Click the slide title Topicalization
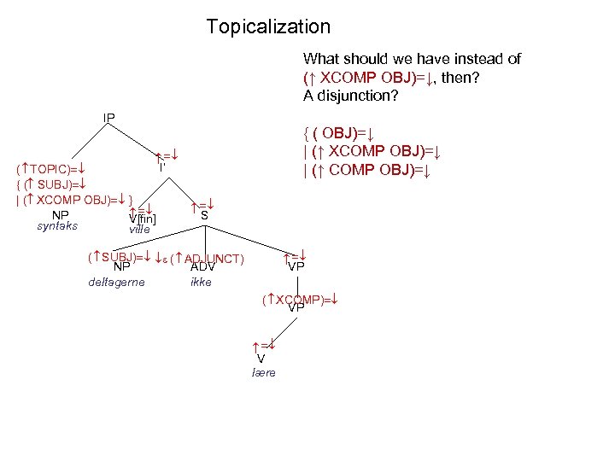[x=267, y=27]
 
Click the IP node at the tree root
[x=109, y=117]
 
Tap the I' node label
[x=161, y=167]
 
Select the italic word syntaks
[x=58, y=226]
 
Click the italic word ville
[x=139, y=230]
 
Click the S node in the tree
[x=204, y=216]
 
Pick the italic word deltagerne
[x=116, y=282]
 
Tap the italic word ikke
[x=201, y=282]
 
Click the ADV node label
[x=202, y=267]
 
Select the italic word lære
[x=264, y=373]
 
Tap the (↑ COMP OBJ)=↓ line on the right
[x=371, y=170]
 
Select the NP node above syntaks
[x=60, y=214]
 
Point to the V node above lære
[x=261, y=359]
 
